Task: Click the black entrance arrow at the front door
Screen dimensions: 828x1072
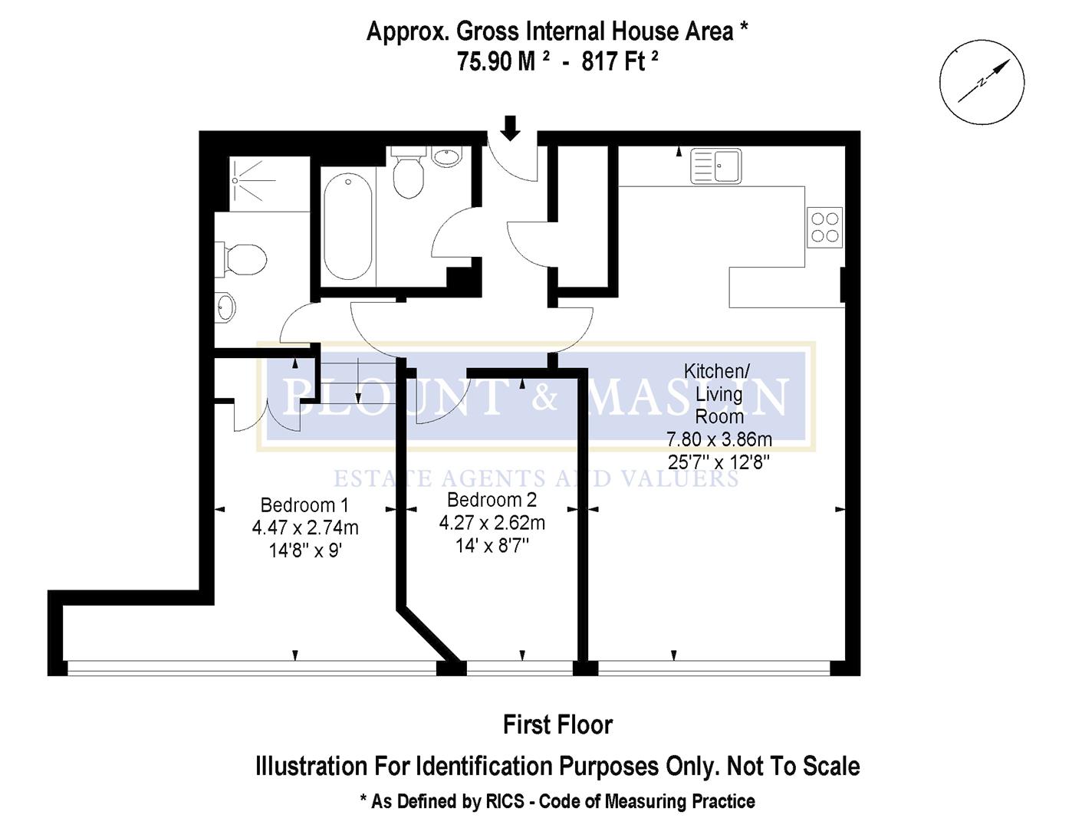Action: click(510, 127)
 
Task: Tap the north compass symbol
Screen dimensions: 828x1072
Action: click(982, 80)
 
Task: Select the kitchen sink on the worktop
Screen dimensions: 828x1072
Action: click(716, 166)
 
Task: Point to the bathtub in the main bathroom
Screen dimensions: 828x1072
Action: click(348, 226)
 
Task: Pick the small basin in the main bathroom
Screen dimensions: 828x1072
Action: click(446, 158)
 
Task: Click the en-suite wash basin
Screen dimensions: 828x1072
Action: click(225, 307)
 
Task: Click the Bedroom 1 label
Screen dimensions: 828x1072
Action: click(304, 505)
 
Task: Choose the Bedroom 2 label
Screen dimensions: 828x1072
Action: click(492, 500)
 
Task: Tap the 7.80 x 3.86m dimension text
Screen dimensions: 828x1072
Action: click(719, 439)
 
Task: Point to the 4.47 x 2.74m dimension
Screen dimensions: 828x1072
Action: click(305, 528)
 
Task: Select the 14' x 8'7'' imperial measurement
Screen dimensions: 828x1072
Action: click(492, 546)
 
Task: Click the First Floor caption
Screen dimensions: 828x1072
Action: click(557, 724)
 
